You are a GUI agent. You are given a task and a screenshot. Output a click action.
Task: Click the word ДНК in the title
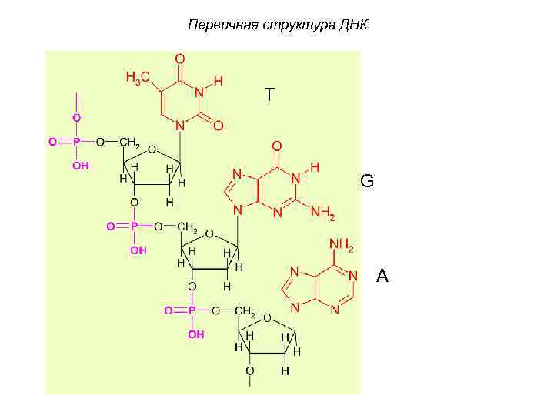353,25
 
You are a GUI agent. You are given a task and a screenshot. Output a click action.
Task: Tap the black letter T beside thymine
269,95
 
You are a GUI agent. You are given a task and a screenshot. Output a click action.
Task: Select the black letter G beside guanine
367,182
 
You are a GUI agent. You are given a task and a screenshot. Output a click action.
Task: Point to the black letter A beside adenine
382,276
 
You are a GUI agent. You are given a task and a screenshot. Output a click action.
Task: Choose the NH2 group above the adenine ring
341,246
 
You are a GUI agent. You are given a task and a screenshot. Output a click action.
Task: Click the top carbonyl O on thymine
179,58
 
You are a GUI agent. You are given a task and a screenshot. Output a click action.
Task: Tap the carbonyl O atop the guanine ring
277,145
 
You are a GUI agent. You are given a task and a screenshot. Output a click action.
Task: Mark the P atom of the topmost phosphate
76,141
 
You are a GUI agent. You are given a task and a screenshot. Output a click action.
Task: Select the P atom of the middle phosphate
133,226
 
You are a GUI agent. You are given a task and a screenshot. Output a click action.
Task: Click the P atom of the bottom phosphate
192,310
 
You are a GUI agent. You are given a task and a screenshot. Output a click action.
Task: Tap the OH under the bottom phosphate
196,334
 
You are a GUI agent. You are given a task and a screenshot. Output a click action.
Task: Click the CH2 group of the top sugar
129,143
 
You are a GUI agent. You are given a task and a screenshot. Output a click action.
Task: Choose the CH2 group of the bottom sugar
245,311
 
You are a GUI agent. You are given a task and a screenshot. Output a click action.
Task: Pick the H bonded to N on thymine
219,80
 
